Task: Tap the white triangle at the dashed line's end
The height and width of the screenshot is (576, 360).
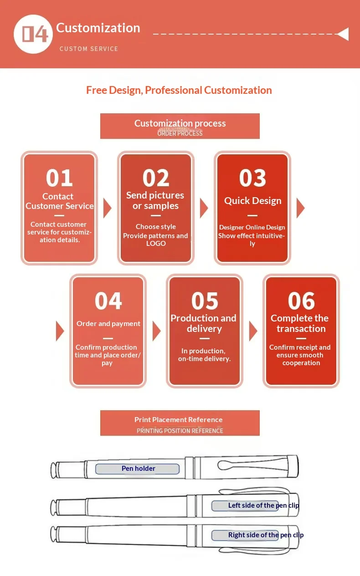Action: click(343, 34)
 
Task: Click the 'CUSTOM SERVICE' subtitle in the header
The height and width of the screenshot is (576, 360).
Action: click(89, 49)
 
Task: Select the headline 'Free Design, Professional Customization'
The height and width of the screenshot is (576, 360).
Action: click(179, 90)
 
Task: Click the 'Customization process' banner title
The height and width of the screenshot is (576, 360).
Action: click(180, 123)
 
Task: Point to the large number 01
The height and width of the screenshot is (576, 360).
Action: click(59, 178)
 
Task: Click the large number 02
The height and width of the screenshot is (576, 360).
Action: click(156, 178)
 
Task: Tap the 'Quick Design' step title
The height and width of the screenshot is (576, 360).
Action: click(252, 201)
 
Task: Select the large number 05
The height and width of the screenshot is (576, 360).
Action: click(205, 301)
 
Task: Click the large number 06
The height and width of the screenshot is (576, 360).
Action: click(301, 301)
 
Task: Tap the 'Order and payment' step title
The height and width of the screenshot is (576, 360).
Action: click(108, 323)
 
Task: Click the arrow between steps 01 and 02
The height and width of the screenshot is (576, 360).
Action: click(107, 208)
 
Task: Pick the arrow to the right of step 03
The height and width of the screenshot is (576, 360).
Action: click(301, 208)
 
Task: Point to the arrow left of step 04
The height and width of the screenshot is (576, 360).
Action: click(60, 331)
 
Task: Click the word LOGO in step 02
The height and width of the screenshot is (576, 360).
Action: click(156, 243)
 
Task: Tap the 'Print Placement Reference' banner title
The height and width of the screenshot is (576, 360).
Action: click(178, 420)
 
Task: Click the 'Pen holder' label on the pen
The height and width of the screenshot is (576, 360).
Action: click(139, 469)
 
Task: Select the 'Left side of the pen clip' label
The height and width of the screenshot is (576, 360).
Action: click(263, 505)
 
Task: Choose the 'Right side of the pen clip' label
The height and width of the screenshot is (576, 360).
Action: click(266, 535)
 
